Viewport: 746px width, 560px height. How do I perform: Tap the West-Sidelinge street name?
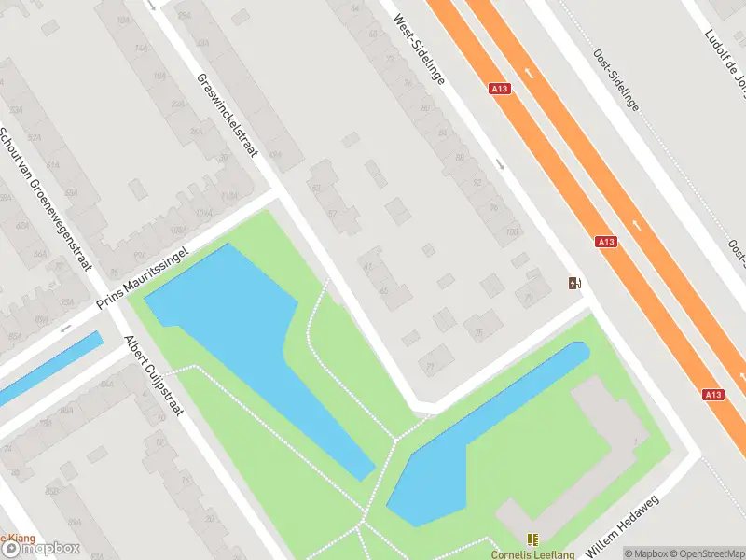click(419, 49)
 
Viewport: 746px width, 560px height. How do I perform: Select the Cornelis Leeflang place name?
click(532, 553)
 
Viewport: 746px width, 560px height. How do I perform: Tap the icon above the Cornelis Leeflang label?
click(532, 539)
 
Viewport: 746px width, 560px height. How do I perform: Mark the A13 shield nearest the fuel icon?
click(606, 242)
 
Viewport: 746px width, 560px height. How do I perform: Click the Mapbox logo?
click(47, 550)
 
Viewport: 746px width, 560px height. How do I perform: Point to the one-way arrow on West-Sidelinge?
click(500, 165)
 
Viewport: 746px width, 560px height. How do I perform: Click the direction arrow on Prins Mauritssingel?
click(65, 328)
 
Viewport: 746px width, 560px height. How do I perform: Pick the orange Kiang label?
click(19, 538)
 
